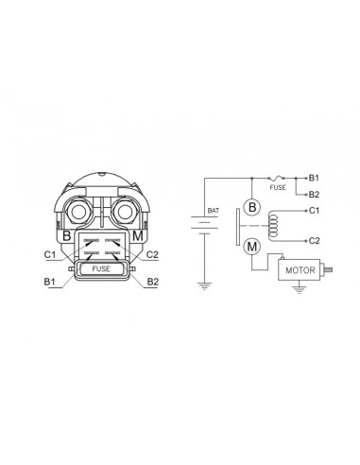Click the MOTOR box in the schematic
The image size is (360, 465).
[300, 269]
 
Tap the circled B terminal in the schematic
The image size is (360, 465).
[252, 207]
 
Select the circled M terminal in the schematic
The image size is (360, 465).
[252, 247]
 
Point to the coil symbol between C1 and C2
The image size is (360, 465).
[273, 226]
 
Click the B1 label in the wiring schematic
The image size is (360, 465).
[314, 178]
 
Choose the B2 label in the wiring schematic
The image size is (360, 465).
[314, 195]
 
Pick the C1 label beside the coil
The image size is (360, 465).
[314, 211]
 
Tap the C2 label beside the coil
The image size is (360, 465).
[314, 241]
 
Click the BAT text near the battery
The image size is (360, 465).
[213, 211]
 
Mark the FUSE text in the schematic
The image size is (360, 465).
[278, 187]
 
